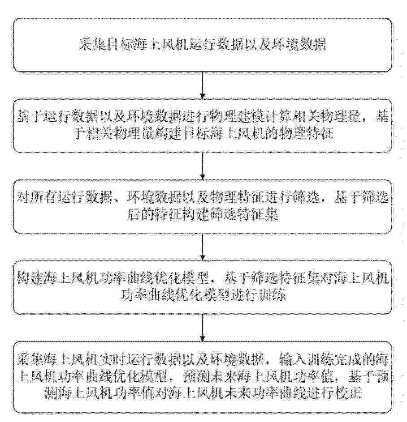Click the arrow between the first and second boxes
tap(203, 85)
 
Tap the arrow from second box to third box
tap(203, 166)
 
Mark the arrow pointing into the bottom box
tap(203, 327)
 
